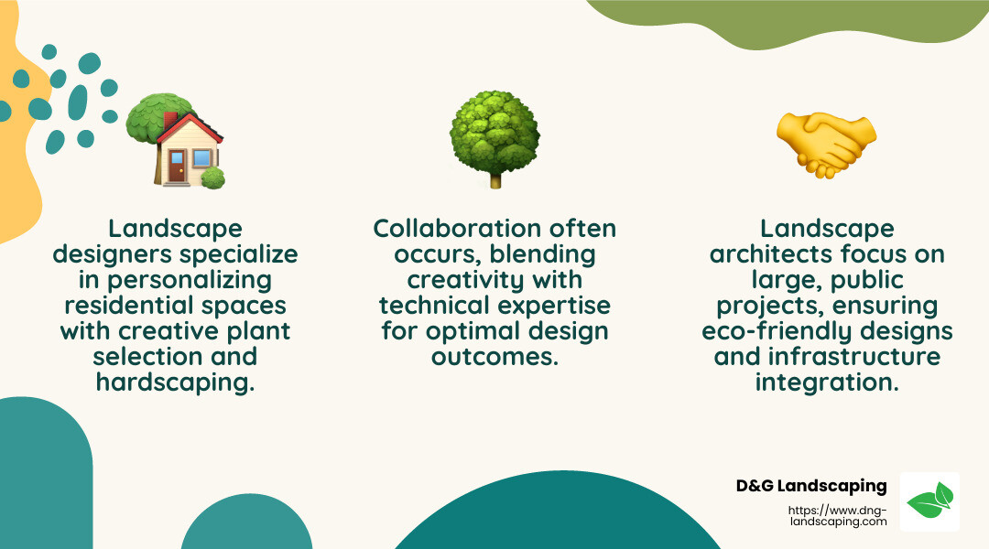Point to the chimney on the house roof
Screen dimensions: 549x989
[170, 120]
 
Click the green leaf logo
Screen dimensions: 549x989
[929, 501]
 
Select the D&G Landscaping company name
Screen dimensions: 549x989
[811, 486]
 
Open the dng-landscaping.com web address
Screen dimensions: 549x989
[837, 516]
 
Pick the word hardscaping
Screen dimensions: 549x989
[174, 382]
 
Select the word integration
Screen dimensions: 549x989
[827, 382]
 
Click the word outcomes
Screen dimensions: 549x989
[494, 356]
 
